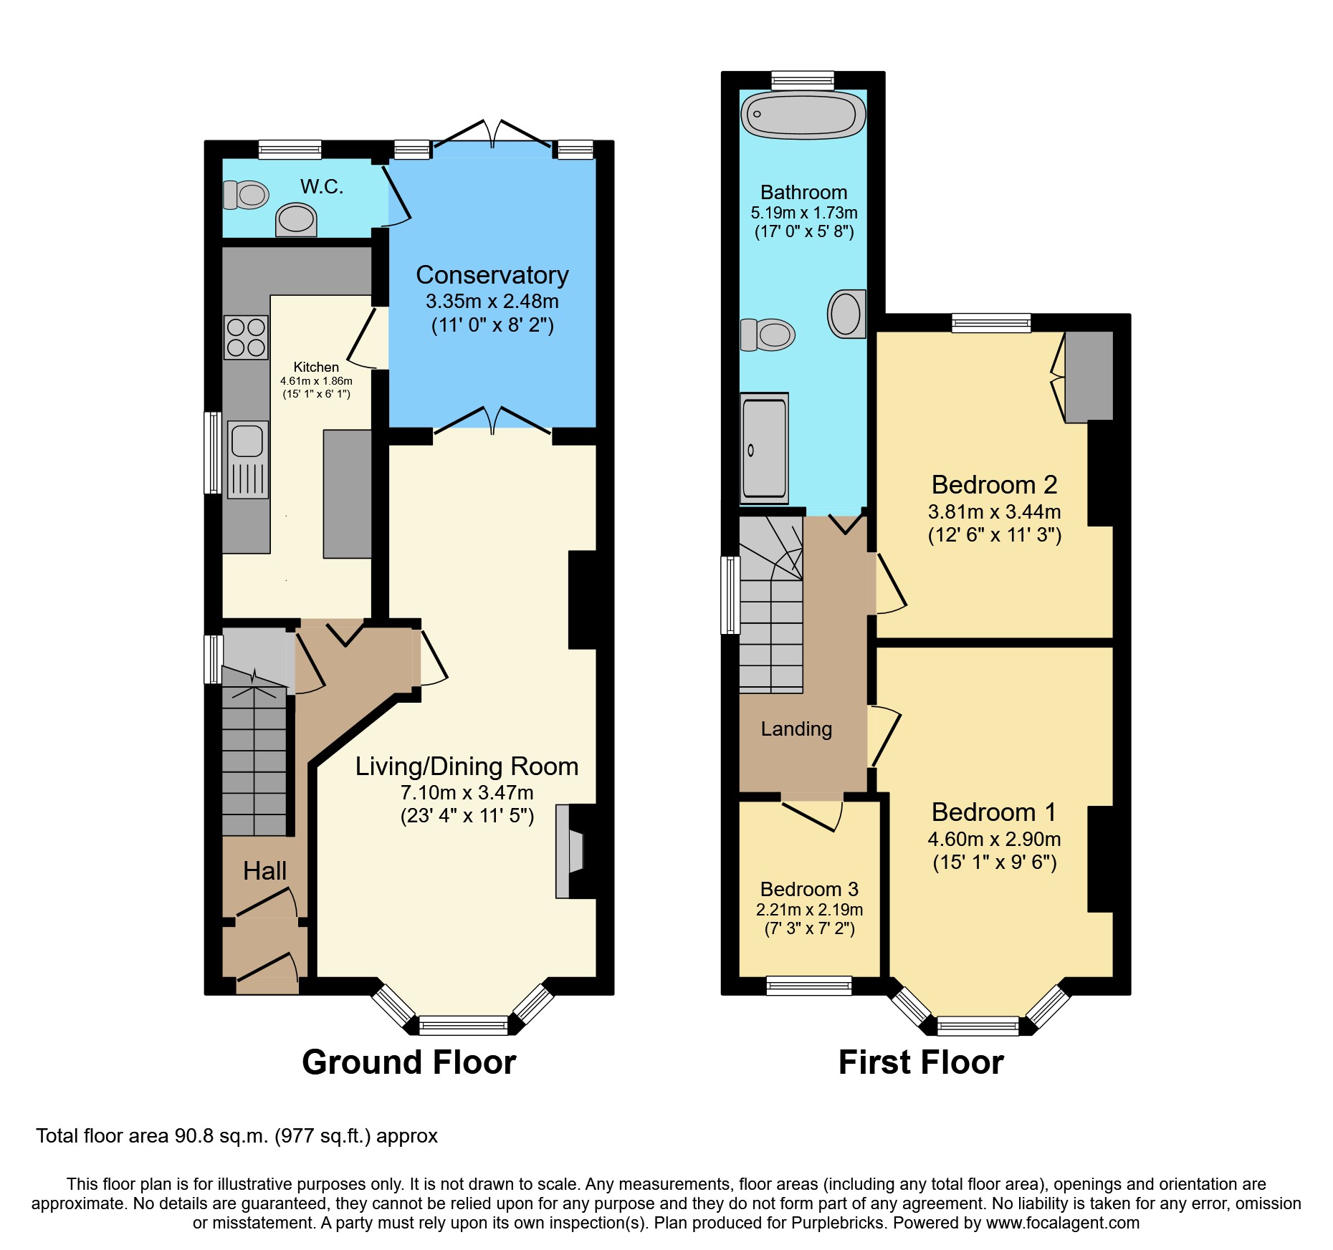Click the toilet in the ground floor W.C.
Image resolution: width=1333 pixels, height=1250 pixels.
[x=246, y=194]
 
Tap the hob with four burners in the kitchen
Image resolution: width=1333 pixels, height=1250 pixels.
[x=246, y=337]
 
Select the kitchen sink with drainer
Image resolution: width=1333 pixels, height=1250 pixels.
[x=248, y=458]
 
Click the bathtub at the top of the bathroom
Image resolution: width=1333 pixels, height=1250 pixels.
[x=803, y=115]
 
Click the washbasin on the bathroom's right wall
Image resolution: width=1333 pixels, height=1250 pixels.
[x=846, y=314]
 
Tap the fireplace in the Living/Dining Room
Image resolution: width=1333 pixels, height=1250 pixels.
[x=570, y=851]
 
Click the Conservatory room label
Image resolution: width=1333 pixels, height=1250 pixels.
[x=492, y=275]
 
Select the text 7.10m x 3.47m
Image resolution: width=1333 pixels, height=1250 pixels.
[x=467, y=792]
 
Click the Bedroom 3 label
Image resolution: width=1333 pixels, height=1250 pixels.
[x=809, y=889]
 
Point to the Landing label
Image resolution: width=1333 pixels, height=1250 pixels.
[x=796, y=729]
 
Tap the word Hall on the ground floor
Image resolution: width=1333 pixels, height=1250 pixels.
[x=264, y=870]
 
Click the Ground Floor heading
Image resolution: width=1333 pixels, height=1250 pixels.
[x=408, y=1062]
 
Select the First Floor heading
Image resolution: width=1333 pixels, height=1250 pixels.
[x=921, y=1062]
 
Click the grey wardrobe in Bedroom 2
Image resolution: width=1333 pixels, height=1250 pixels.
[x=1089, y=376]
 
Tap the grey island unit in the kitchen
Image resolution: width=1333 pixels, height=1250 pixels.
[x=348, y=494]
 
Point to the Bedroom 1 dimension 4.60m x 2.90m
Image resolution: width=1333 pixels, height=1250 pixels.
[x=994, y=839]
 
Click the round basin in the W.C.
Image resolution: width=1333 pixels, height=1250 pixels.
[x=296, y=218]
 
